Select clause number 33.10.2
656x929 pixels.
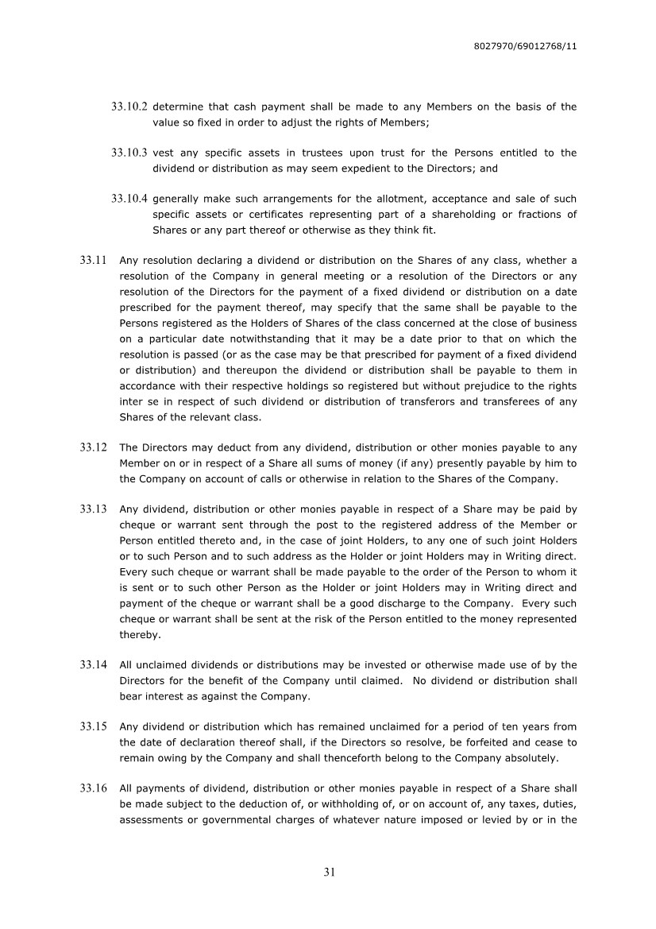[x=130, y=106]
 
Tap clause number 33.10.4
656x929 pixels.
[x=130, y=199]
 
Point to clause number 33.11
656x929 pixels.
[x=94, y=260]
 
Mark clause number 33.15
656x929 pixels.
[x=94, y=726]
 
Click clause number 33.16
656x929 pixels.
[x=94, y=788]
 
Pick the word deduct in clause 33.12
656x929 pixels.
[x=223, y=447]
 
